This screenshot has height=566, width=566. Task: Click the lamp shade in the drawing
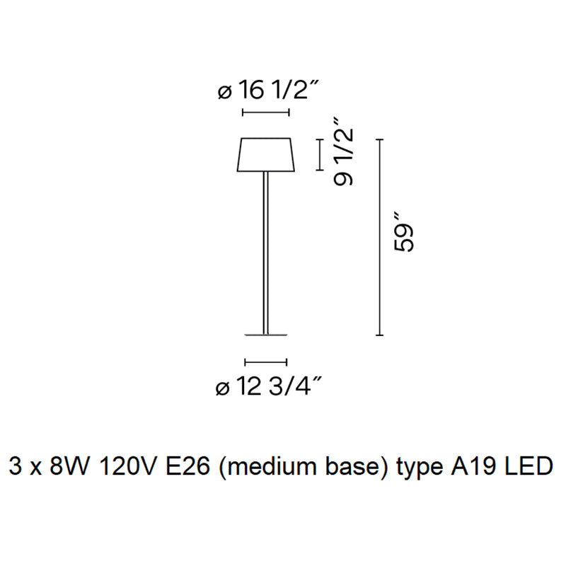266,155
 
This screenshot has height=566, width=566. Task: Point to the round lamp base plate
266,334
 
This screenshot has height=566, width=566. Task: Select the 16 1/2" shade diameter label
277,91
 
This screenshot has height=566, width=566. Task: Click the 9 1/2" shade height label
343,157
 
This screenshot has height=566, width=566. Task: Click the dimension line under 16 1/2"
266,112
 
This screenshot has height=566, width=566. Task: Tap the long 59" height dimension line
380,238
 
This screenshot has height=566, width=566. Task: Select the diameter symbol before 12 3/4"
222,388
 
